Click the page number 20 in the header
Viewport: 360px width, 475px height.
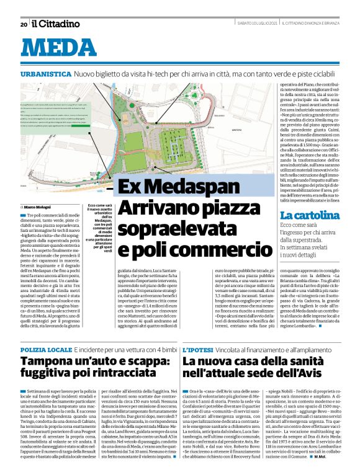coord(23,24)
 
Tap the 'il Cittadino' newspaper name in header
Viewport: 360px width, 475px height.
coord(56,24)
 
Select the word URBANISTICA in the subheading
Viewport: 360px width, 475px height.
coord(45,73)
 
